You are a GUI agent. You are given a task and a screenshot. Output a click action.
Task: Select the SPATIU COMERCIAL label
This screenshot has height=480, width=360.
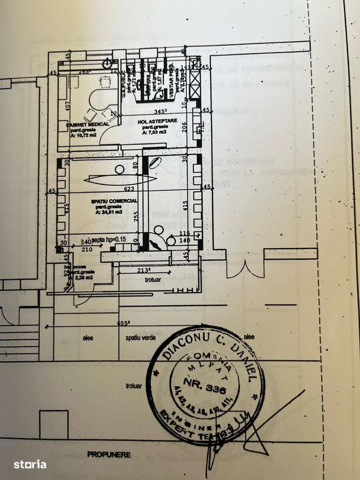click(x=117, y=200)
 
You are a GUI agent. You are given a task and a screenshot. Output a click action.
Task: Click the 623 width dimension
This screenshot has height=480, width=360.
click(x=129, y=189)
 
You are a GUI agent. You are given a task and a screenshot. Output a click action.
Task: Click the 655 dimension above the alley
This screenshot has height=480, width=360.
click(x=125, y=324)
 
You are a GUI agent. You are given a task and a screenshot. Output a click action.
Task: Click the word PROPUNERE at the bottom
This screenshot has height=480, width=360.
click(x=108, y=454)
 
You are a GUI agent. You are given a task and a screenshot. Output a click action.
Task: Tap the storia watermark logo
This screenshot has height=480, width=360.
click(x=30, y=464)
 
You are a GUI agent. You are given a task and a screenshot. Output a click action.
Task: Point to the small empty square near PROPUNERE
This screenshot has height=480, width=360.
click(x=53, y=423)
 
